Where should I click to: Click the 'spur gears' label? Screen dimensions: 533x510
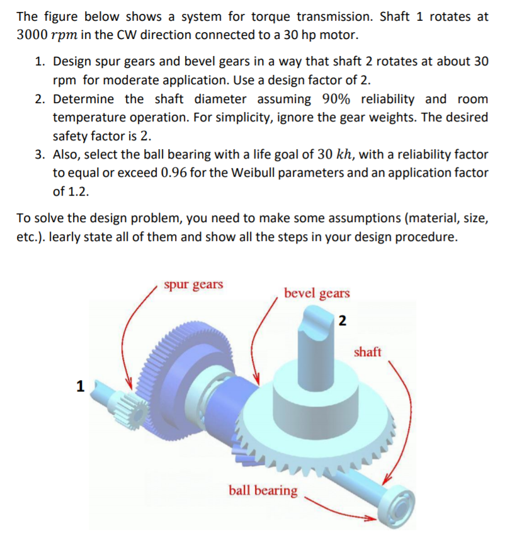[193, 284]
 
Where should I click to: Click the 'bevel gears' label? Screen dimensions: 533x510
[317, 293]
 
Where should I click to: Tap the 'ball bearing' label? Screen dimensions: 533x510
[263, 490]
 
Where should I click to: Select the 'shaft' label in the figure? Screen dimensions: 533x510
[367, 352]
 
